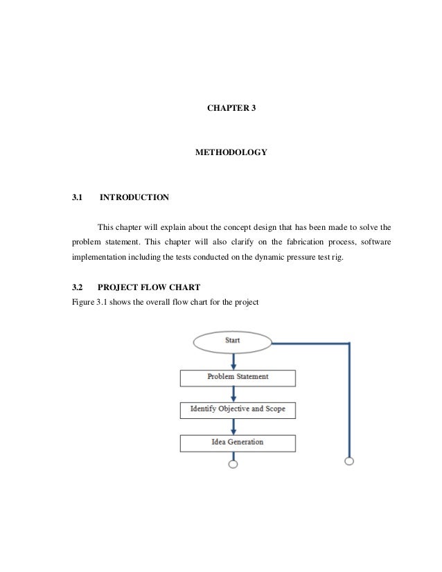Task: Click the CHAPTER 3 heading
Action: (233, 109)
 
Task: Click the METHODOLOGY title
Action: (232, 151)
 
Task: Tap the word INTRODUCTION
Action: (134, 198)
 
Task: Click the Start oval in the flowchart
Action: (233, 341)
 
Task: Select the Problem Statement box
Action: (238, 377)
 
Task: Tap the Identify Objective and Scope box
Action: (238, 409)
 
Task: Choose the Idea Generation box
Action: (238, 442)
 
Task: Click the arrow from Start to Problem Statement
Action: (233, 360)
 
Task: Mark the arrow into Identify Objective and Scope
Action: (233, 393)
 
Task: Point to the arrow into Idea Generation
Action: (233, 426)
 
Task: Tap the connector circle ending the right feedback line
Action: (349, 461)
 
